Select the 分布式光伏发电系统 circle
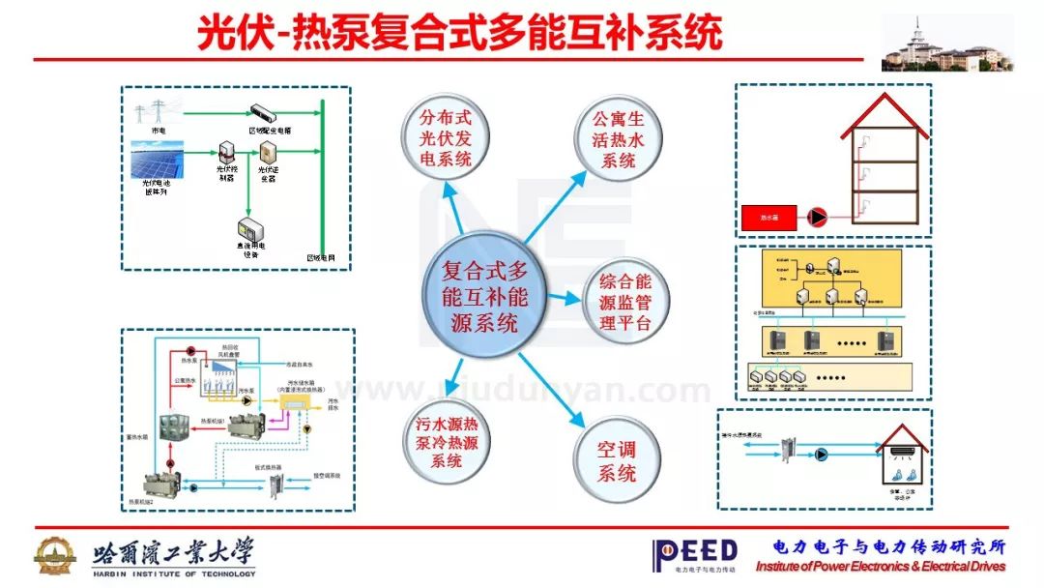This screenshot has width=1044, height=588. (x=444, y=138)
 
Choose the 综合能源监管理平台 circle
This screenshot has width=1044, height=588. (x=625, y=301)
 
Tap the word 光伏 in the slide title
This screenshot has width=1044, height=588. (x=228, y=33)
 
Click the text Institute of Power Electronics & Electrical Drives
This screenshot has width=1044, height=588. (x=880, y=567)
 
